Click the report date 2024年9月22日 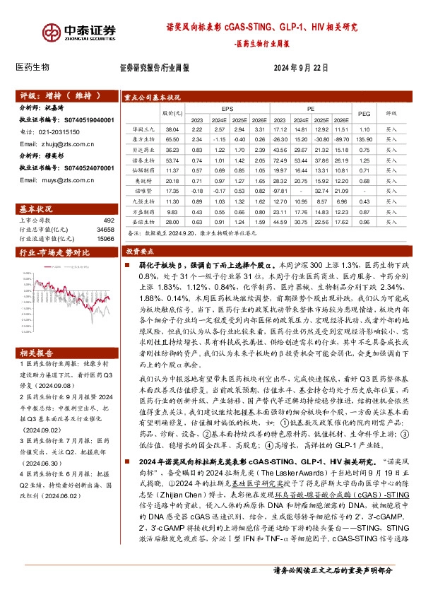301,67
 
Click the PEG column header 364,113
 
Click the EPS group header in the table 228,110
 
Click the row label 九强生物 143,201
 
